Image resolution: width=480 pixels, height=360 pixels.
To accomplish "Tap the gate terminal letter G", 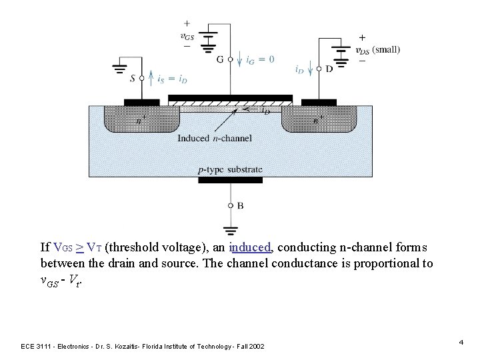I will coord(219,59).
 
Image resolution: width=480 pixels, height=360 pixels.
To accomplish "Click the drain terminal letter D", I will coord(329,69).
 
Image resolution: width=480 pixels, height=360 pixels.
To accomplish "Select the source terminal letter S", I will coord(133,78).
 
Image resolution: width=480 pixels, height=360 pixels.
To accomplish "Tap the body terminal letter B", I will coord(240,206).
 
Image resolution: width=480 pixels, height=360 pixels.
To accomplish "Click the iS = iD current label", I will coord(165,78).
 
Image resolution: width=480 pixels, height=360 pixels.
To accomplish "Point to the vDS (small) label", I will coord(377,49).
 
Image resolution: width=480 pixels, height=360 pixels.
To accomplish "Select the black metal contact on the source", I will coord(141,103).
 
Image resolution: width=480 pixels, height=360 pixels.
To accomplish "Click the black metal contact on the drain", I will coord(319,103).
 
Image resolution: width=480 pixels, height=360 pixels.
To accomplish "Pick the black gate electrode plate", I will coord(230,98).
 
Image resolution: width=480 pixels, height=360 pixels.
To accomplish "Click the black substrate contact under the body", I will coord(231,179).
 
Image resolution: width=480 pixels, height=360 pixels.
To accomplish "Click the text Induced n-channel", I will coord(214,139).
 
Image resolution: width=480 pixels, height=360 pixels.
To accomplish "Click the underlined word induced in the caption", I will coord(250,248).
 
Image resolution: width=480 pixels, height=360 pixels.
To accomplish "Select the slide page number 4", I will coord(461,342).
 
